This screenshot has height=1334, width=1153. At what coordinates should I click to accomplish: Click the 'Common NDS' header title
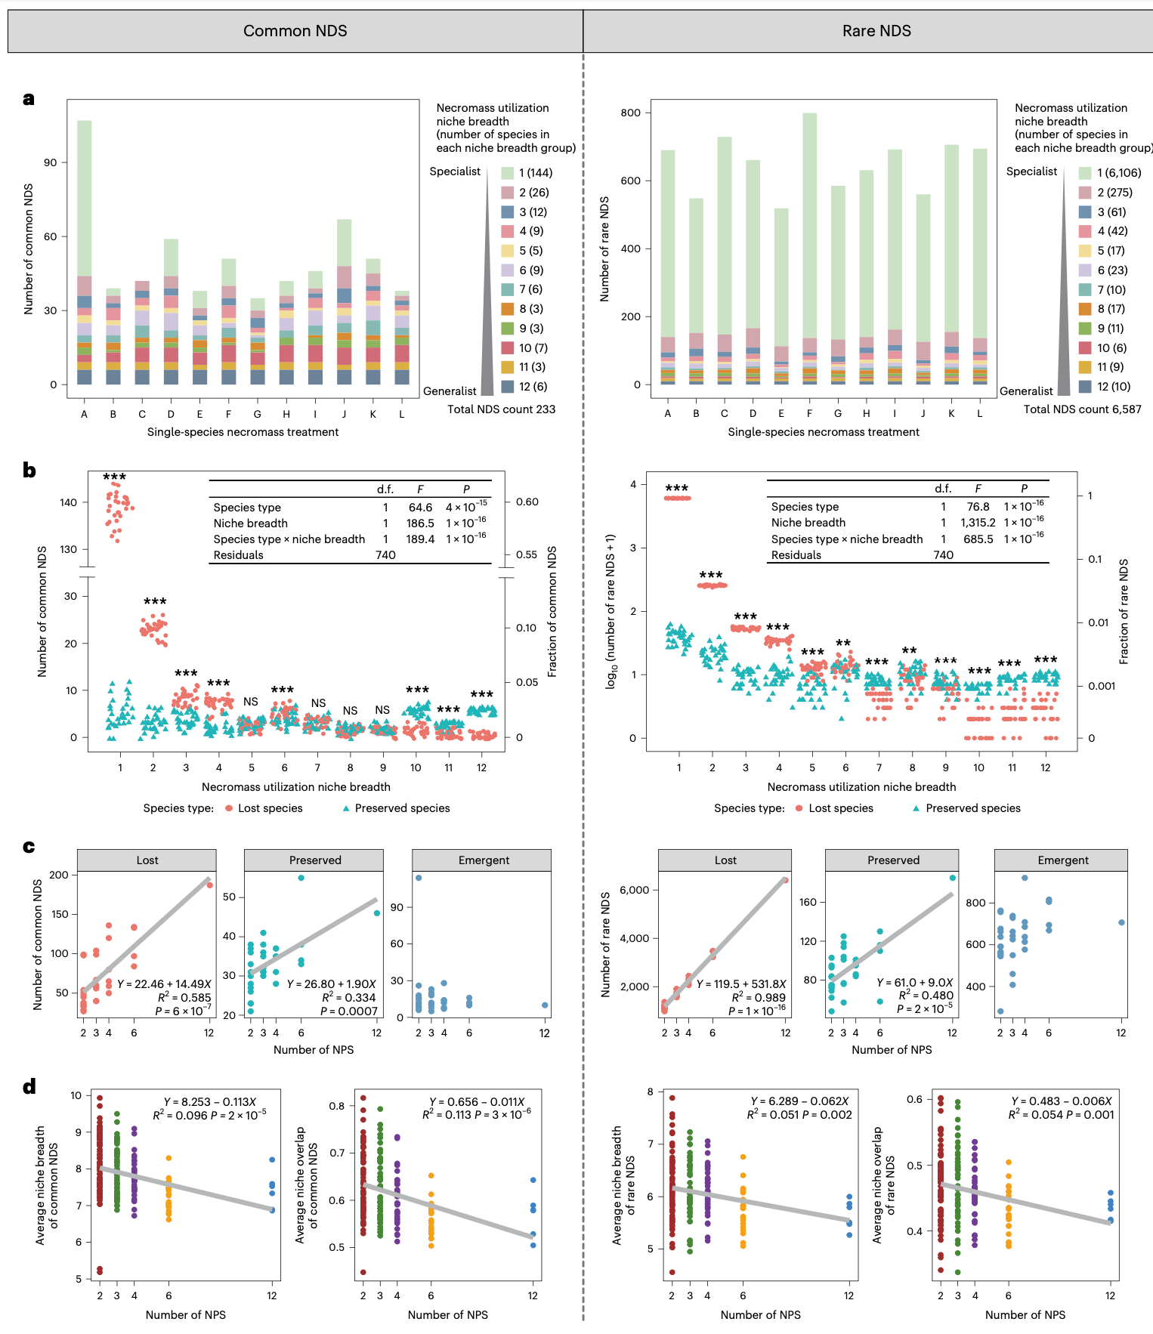[295, 31]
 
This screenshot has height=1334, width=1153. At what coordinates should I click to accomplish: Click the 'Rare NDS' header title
[876, 31]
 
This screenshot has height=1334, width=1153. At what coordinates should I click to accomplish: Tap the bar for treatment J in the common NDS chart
[344, 302]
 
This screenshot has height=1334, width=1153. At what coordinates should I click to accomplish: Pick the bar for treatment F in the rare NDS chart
[809, 249]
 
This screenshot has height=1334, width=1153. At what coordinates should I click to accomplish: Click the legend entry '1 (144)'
[535, 173]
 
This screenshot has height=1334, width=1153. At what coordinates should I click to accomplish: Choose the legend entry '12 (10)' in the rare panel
[1113, 387]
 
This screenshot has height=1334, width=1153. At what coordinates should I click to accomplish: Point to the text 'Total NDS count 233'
[501, 409]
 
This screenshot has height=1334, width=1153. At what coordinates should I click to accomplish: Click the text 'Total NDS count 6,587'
[1082, 409]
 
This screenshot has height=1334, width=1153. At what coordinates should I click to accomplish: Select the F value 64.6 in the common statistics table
[421, 508]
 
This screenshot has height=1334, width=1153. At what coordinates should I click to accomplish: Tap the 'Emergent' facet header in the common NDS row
[484, 860]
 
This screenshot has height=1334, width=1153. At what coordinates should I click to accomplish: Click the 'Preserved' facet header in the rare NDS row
[893, 860]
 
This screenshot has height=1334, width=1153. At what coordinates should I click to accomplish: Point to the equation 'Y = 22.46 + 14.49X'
[164, 984]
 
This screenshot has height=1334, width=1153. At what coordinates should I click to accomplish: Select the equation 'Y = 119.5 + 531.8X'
[740, 984]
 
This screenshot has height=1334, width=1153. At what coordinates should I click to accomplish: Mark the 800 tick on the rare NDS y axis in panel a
[630, 113]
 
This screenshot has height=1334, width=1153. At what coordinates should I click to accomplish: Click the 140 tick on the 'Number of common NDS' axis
[68, 502]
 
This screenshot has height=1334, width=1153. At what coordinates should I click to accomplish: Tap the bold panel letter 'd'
[29, 1087]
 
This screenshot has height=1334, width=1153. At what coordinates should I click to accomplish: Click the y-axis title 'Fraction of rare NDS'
[1124, 612]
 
